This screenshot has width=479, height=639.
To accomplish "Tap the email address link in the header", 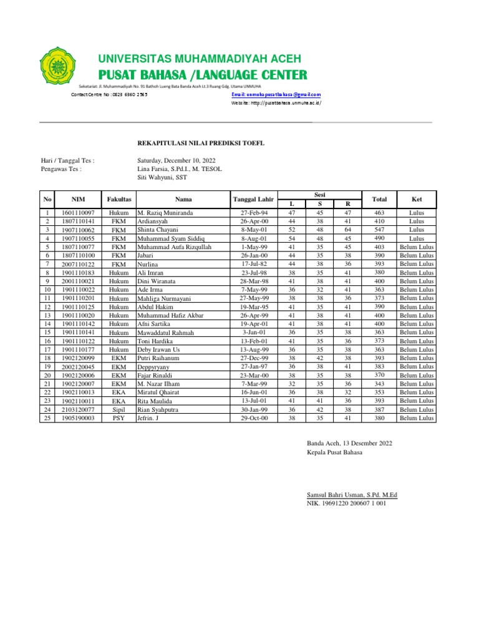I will coord(276,94).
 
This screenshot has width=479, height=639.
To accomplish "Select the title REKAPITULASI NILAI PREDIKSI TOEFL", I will coord(201,143).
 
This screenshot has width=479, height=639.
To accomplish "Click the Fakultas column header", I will coord(119,200).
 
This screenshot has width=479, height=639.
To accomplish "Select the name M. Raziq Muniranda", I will coord(165,213).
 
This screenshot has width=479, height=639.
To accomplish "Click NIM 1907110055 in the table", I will coord(78,238).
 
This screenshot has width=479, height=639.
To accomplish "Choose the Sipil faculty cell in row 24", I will coord(119,409).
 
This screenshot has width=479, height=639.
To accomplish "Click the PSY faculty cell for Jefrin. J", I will coord(119,418).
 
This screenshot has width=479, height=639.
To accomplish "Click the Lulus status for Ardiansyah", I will coord(416,222).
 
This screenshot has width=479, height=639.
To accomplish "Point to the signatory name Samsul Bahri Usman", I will coord(352,495).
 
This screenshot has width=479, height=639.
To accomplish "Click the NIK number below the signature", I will coord(346,503).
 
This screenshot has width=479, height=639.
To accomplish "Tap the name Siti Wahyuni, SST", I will coord(162,177).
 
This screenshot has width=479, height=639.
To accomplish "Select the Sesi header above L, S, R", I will coord(319,195).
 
